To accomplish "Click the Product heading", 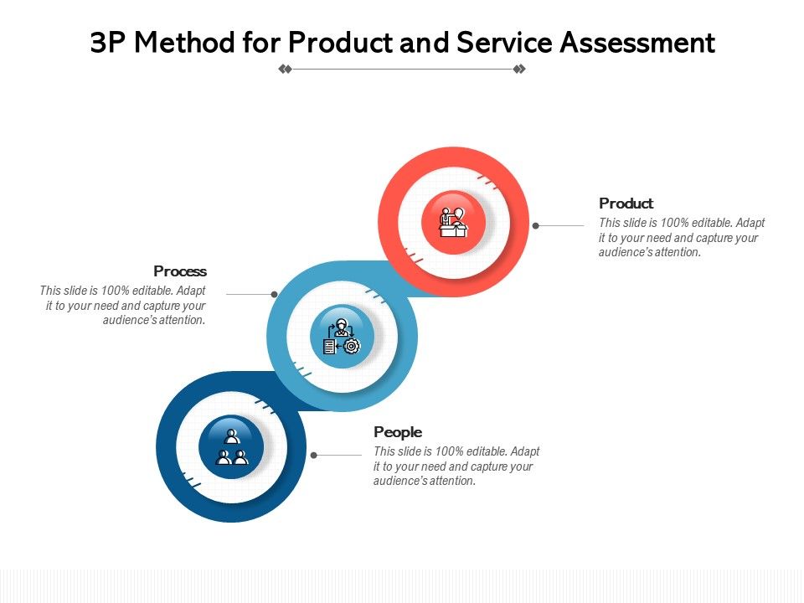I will pos(626,204).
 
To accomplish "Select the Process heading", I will pos(180,271).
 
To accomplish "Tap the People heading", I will pos(398,432).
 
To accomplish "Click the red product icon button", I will pos(453,221).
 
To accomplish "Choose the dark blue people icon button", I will pos(231,447).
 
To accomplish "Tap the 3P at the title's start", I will pos(108,43).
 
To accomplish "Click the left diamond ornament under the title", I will pos(285,70).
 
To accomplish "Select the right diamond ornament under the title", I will pos(519,70).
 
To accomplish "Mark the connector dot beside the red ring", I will pos(536,225).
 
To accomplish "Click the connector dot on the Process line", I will pos(274,294).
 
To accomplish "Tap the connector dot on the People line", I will pos(314,456).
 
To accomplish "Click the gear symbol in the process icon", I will pos(352,346).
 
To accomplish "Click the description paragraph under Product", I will pos(682,238).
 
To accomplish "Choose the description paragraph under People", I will pos(456,466).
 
